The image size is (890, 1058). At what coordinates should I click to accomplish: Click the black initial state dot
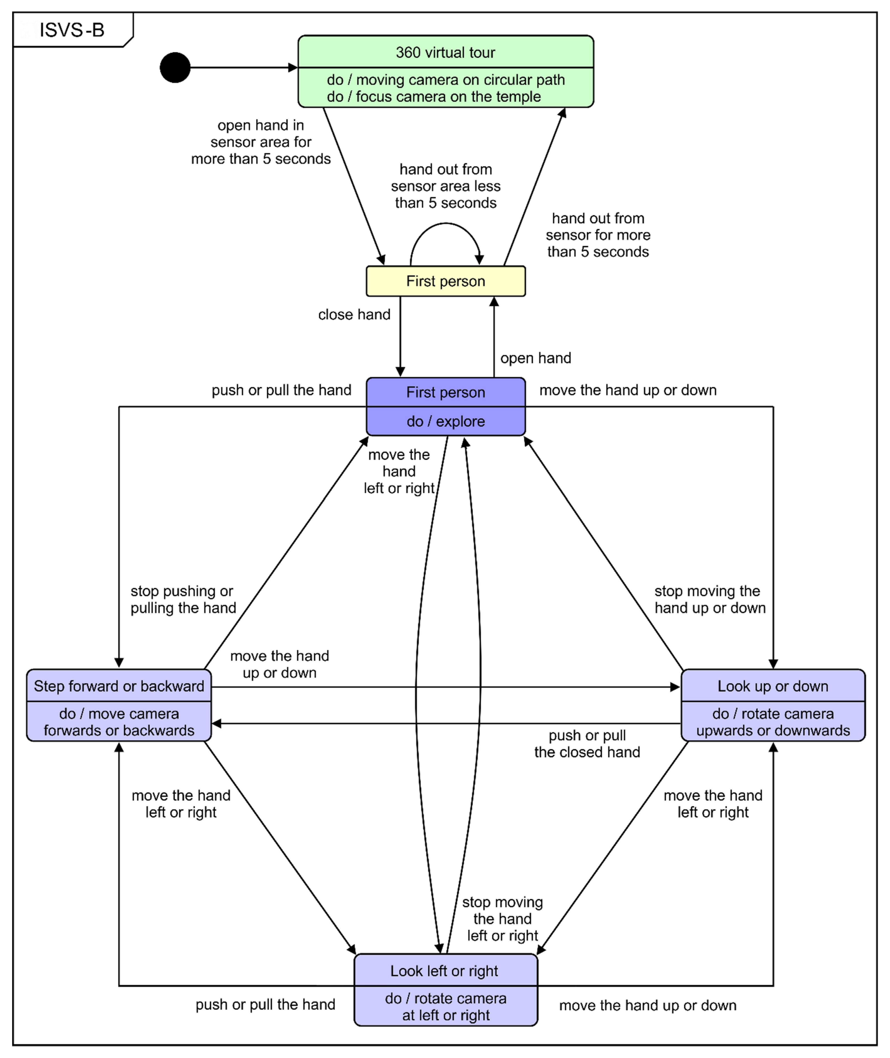coord(175,68)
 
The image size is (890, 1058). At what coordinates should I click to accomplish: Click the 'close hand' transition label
coord(354,315)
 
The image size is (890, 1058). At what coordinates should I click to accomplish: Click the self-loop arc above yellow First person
coord(446,225)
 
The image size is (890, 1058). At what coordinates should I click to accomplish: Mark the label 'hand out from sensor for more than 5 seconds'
coord(598,235)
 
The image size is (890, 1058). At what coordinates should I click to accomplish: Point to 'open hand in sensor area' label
coord(261,142)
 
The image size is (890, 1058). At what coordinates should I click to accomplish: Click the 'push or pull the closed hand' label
coord(587,744)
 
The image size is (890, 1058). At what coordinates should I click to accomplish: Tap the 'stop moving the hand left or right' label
coord(502,919)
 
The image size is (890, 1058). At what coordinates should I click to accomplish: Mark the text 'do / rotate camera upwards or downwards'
coord(773,722)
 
